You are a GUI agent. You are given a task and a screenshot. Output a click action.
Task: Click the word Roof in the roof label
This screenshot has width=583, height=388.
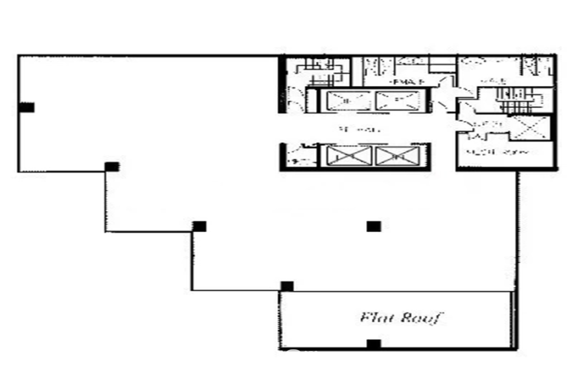pos(421,318)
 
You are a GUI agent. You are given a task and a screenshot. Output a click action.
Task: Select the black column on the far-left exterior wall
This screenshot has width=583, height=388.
pos(27,107)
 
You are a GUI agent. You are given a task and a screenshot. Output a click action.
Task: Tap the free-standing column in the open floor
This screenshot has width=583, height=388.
pos(373,226)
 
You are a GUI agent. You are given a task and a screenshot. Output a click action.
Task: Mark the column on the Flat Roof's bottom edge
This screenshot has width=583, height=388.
pos(373,343)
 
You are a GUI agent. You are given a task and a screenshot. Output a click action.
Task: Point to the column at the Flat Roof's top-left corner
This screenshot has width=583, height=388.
pos(286,286)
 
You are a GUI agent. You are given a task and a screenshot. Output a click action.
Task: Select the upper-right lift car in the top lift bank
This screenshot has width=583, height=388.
pos(398,101)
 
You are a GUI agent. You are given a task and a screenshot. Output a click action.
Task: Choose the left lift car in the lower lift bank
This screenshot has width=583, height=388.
pos(349,156)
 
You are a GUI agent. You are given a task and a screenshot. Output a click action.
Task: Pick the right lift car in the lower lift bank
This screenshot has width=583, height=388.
pos(397,156)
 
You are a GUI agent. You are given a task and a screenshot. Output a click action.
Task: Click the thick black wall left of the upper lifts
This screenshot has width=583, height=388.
pos(282,84)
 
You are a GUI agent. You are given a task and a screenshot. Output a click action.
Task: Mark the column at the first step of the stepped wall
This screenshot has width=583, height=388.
pos(112,166)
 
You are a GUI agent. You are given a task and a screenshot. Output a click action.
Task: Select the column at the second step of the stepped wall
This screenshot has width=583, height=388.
pos(200,226)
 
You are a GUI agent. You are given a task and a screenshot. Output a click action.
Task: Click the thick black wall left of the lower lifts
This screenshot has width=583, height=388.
pos(283,156)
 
